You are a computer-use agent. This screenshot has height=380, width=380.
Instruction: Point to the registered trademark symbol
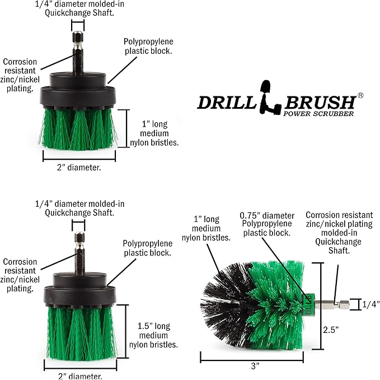(360, 96)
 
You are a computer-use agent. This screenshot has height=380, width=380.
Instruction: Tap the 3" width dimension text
(255, 366)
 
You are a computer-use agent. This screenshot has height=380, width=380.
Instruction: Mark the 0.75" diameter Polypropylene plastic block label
(266, 224)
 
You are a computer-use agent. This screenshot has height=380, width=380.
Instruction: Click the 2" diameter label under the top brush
(80, 166)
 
